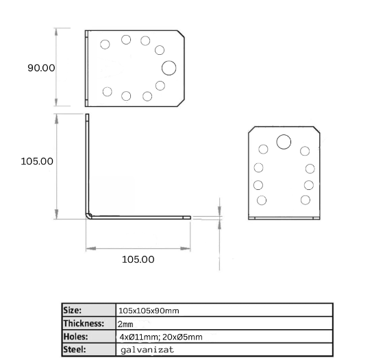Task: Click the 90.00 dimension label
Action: [41, 68]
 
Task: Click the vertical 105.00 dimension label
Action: [37, 161]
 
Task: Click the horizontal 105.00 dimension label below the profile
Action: [138, 259]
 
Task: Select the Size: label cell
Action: [89, 310]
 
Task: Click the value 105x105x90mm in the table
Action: [149, 311]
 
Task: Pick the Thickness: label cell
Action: [89, 324]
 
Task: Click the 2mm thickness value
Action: [125, 324]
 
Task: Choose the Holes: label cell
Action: [89, 337]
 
